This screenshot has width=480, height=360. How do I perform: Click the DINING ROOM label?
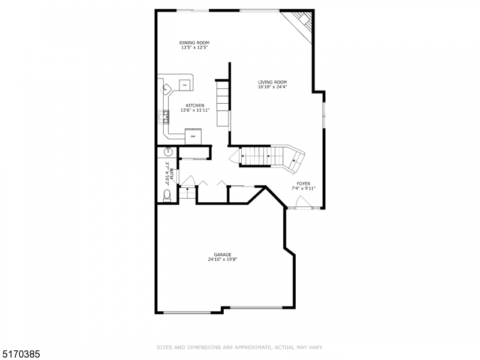pos(194,43)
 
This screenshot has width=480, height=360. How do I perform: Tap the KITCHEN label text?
pos(194,105)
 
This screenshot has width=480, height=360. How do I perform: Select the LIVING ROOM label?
pos(272,82)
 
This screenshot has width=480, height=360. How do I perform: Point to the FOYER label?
pos(303,184)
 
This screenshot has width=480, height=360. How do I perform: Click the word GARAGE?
pos(223,254)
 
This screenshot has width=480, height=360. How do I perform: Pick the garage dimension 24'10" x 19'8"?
pos(223,260)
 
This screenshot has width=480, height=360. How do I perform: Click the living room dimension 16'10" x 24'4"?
pos(272,87)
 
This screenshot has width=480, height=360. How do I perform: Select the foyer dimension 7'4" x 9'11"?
pos(303,188)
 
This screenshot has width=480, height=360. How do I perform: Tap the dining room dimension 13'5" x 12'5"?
pos(194,47)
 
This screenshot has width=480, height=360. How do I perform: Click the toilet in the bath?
pos(167,195)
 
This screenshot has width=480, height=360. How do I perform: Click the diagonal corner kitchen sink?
pos(166,89)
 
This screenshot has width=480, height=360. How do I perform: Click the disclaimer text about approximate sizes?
pos(240,347)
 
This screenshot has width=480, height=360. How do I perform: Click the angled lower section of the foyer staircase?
pos(295,158)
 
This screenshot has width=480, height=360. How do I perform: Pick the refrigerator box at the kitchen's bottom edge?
pos(193,135)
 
